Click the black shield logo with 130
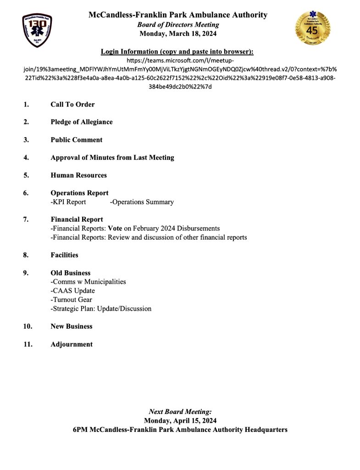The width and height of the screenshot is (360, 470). click(x=37, y=30)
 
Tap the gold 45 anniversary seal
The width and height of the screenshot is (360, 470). click(x=313, y=28)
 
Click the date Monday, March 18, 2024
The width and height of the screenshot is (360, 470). click(x=178, y=34)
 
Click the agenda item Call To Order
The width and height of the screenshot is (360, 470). click(x=72, y=105)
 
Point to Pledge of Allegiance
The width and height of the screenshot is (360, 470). click(x=81, y=122)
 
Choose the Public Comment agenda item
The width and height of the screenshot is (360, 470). click(x=76, y=140)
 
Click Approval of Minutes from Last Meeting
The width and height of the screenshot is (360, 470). click(x=112, y=158)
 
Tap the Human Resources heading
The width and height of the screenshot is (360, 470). click(x=78, y=175)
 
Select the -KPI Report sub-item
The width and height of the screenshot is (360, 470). click(x=68, y=202)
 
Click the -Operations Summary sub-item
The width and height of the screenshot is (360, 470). click(x=142, y=202)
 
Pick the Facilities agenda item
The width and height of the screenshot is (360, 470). click(x=64, y=255)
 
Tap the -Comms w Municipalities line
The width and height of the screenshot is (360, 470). click(x=88, y=282)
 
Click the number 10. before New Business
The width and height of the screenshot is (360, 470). click(x=28, y=326)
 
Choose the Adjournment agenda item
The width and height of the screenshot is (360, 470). click(x=71, y=344)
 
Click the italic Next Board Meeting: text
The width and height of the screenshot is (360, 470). click(x=180, y=412)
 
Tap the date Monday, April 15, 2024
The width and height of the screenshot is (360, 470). click(x=180, y=420)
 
